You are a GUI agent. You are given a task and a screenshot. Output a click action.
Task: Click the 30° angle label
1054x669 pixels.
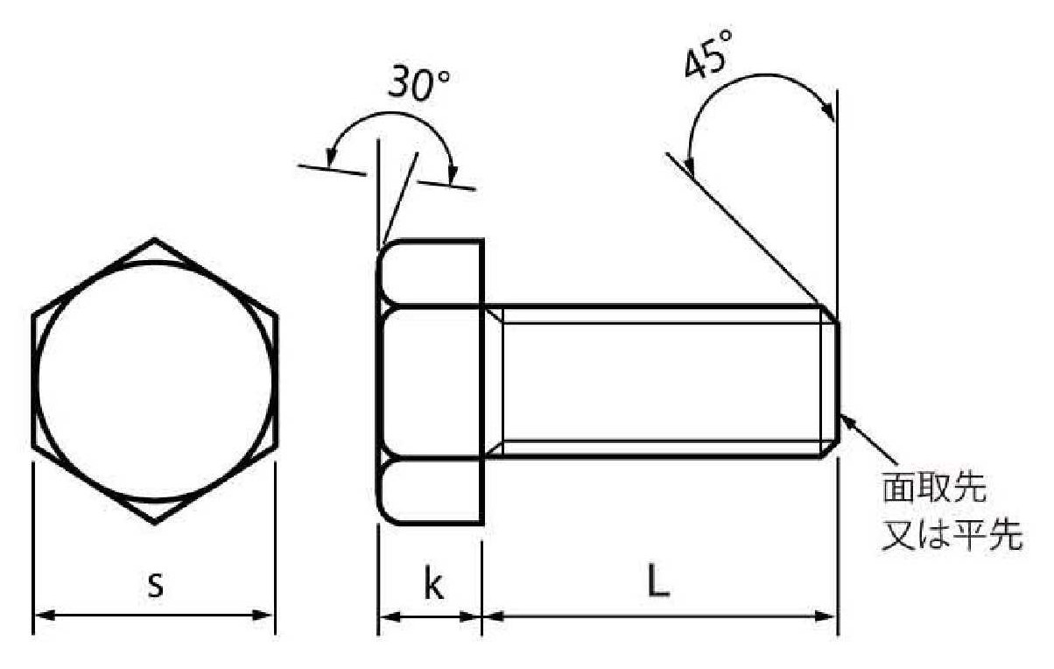(x=418, y=85)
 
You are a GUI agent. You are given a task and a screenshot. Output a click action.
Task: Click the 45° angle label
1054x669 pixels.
(x=708, y=54)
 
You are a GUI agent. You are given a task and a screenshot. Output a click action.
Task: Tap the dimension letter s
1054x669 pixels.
(x=155, y=585)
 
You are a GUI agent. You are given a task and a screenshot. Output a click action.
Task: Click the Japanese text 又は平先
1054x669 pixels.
(x=952, y=535)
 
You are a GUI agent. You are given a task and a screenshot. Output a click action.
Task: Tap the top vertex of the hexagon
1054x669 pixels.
(x=154, y=240)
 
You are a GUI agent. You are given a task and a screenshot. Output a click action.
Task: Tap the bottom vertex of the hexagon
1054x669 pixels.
(x=155, y=523)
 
